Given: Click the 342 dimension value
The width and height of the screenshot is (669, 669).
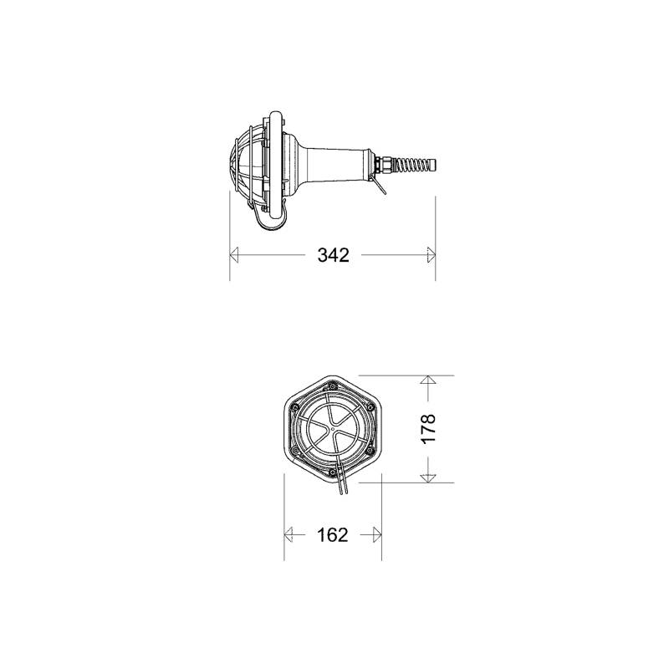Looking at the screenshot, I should [x=333, y=256].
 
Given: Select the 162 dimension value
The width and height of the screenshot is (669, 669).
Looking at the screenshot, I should [x=333, y=534].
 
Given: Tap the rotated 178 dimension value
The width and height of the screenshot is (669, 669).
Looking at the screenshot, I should [x=427, y=429].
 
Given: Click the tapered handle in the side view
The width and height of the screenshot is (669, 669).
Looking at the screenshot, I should [x=334, y=162].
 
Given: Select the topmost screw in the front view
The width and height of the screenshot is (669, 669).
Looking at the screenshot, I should [x=332, y=386].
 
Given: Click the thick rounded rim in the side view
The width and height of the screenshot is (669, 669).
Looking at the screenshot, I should [x=276, y=163].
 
